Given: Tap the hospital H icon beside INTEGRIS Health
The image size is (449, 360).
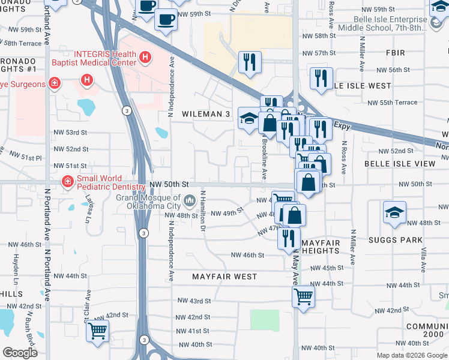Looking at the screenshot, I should (x=144, y=58).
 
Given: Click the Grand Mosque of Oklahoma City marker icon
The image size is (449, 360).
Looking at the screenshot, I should (x=190, y=200).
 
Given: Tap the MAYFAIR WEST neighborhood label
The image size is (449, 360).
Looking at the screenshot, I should (x=224, y=277).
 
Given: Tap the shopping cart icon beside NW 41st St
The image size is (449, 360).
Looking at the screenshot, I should (x=97, y=330).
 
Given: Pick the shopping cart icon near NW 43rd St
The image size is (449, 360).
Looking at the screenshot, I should (x=304, y=295).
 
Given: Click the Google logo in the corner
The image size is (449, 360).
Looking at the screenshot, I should (x=20, y=353).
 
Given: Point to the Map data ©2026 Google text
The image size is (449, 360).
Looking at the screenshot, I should (x=411, y=355).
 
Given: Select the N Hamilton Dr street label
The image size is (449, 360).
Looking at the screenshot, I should (x=203, y=211).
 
